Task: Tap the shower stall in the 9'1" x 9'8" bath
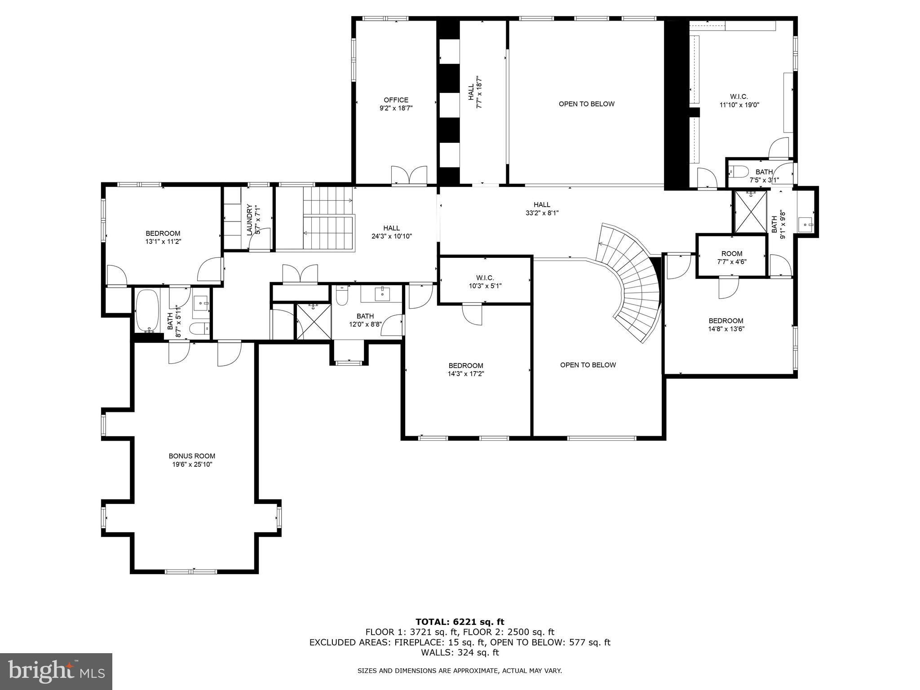(x=751, y=212)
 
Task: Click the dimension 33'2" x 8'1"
(x=542, y=213)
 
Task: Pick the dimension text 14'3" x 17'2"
(x=466, y=373)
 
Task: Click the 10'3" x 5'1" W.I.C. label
(x=485, y=282)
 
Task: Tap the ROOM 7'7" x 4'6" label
(x=732, y=257)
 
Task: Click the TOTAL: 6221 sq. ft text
(x=460, y=622)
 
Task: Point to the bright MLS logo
(x=56, y=671)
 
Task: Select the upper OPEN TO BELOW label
(x=587, y=104)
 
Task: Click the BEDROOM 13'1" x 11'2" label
(x=163, y=237)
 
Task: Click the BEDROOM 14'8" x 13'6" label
(x=726, y=325)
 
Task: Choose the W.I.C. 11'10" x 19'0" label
(x=739, y=101)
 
